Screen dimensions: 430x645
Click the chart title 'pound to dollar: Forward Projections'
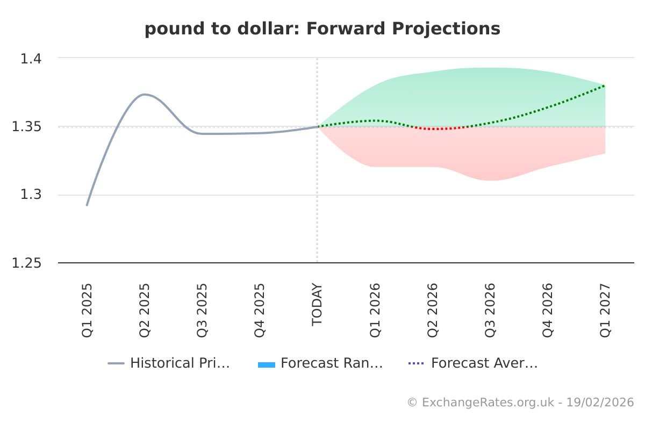[x=322, y=28]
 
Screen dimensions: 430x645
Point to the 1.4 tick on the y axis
[x=31, y=58]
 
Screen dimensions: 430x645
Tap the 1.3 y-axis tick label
[x=31, y=195]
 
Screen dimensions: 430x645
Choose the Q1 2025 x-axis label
[x=87, y=310]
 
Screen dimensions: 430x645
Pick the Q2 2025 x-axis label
[x=145, y=310]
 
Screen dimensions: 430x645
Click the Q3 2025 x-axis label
[x=202, y=310]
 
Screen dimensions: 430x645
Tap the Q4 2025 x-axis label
[x=260, y=310]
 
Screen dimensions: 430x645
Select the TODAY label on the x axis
[x=317, y=304]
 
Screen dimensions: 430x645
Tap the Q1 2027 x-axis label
[x=605, y=310]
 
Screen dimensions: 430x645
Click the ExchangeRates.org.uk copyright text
[x=520, y=402]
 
